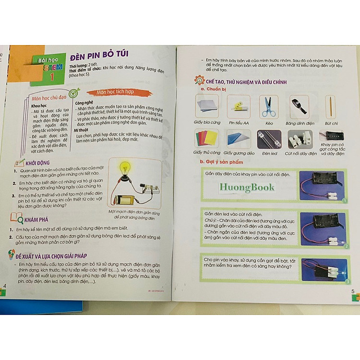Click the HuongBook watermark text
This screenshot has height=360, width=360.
[247, 187]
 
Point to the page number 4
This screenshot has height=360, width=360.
[5, 286]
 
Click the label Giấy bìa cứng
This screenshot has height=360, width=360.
[207, 123]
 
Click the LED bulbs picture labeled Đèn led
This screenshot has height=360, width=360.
[269, 140]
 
